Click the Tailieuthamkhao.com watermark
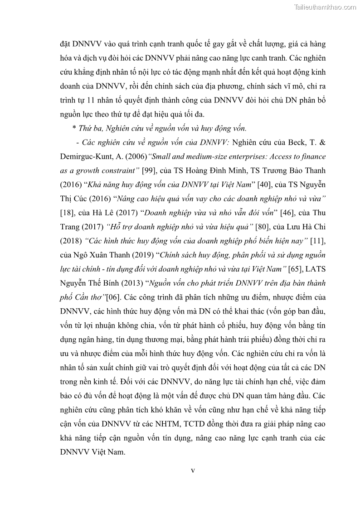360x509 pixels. [325, 7]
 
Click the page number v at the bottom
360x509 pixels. [193, 470]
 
